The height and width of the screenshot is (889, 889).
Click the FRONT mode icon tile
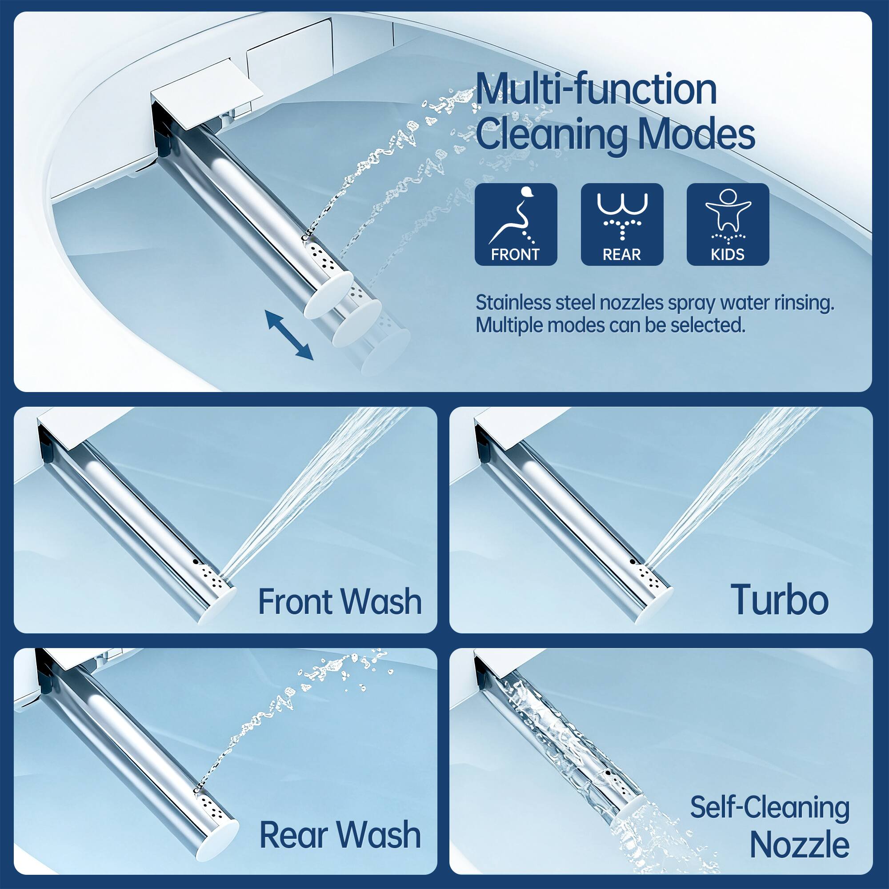pos(515,224)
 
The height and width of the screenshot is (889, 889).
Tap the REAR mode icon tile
pos(622,224)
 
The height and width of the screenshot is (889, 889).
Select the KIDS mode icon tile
pos(728,224)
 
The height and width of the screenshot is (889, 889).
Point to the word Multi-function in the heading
pos(596,90)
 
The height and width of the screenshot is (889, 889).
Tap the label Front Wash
pos(340,601)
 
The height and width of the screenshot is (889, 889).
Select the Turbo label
pos(779,600)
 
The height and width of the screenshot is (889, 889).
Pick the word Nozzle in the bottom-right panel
pos(800,845)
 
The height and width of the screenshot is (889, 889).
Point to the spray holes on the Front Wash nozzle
pos(212,577)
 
